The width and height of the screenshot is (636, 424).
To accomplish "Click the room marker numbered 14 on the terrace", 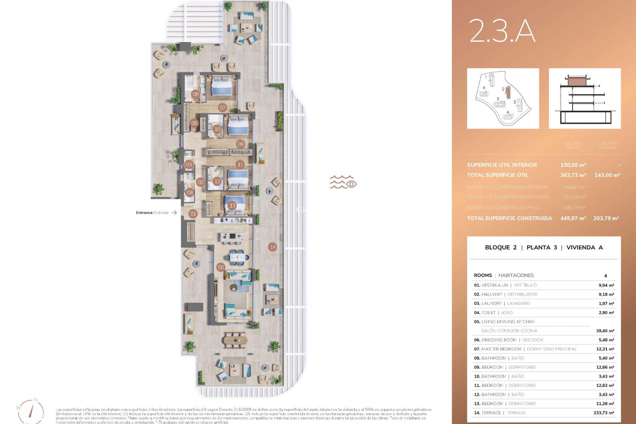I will click(273, 247).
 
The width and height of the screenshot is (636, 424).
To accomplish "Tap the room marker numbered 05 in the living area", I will click(221, 267).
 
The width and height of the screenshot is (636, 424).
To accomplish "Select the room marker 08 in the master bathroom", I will click(196, 94).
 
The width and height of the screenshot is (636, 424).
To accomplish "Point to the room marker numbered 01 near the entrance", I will click(193, 214).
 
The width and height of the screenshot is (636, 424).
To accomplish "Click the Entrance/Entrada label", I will click(152, 213).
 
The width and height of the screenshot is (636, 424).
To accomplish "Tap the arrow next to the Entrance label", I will click(174, 213).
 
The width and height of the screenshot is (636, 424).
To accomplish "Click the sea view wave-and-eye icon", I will click(343, 182).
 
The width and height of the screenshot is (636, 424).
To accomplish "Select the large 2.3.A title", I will click(502, 31).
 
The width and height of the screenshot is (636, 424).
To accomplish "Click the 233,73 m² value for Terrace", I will click(604, 413).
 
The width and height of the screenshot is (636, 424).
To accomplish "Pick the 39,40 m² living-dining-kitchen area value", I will click(605, 331).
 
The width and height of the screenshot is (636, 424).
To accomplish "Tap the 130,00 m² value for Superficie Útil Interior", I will click(573, 165).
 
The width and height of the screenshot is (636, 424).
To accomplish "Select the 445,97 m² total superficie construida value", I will click(573, 218).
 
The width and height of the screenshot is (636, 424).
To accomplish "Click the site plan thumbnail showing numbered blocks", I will click(503, 98).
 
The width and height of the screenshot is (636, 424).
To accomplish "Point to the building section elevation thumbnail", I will click(585, 98).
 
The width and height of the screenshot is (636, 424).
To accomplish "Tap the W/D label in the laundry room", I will click(189, 154).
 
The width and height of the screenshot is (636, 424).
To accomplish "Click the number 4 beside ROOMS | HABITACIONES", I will click(606, 276).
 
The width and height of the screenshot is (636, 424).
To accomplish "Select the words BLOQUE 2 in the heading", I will click(501, 247).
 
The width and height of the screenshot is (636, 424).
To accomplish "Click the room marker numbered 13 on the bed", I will click(232, 206).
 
